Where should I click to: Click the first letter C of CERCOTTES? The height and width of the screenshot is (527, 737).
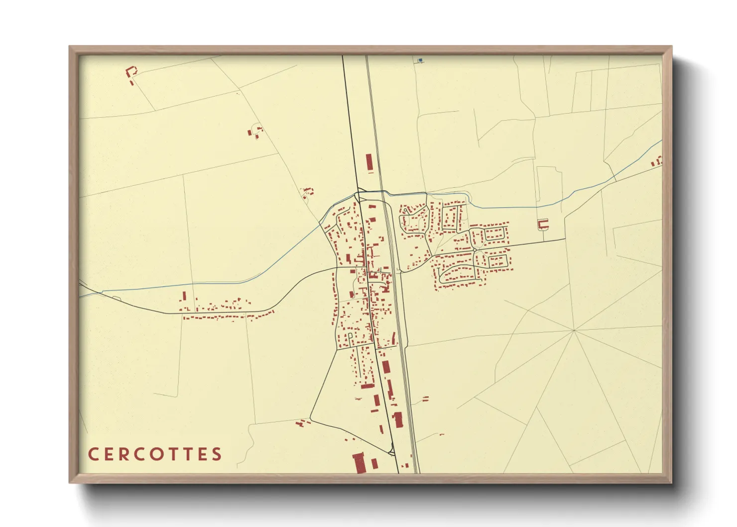point(93,454)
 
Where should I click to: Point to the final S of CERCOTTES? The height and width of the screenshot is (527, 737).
point(217,454)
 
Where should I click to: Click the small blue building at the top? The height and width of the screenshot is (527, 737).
point(420,60)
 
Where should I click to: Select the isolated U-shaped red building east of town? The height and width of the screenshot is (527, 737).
point(543,224)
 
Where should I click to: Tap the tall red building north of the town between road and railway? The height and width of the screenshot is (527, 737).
point(369,162)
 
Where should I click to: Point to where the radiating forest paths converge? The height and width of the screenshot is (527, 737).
point(574,330)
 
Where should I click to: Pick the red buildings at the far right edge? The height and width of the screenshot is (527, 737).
point(657,161)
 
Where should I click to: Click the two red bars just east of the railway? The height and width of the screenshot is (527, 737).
point(425,398)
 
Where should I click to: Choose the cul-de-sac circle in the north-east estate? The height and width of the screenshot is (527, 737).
point(407,211)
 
